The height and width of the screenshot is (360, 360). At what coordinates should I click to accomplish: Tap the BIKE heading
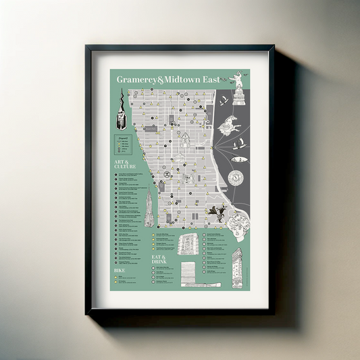coord(120,269)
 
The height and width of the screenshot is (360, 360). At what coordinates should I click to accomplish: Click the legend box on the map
coord(123,145)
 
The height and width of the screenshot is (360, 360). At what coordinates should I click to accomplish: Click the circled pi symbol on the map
coord(166,174)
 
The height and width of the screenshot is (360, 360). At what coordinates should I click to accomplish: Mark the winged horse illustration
coord(230,125)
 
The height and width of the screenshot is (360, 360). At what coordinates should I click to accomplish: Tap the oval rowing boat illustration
coord(238,160)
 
